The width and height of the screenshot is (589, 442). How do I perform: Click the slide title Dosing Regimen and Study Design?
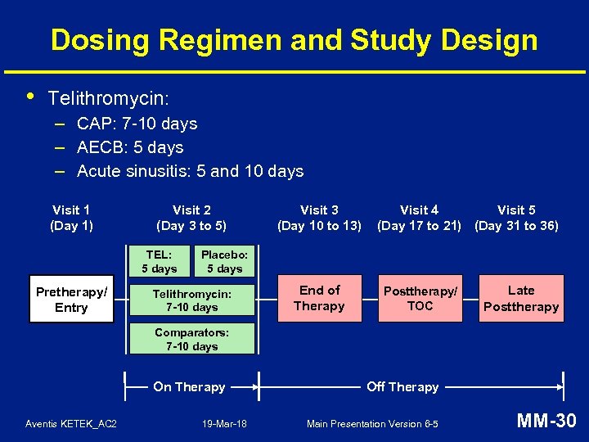coord(294,40)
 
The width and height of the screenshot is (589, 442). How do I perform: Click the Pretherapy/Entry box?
coord(71,300)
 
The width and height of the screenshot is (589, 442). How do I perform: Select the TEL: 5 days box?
coord(160,260)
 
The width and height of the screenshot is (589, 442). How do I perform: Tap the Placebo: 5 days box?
coord(224,260)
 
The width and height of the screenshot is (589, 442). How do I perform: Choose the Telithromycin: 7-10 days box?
coord(192,300)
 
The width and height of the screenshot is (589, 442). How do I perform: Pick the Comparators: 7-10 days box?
coord(192,339)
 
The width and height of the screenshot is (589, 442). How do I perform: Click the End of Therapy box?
coord(320,298)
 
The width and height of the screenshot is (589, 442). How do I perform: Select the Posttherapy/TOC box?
coord(420,299)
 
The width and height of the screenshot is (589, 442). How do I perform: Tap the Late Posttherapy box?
coord(521,299)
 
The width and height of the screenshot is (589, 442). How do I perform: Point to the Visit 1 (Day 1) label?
coord(71,218)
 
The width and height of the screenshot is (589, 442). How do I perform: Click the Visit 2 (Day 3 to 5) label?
coord(191,218)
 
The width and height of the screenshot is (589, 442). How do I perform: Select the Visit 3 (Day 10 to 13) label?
coord(319,218)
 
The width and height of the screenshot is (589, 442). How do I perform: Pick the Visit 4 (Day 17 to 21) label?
coord(419,218)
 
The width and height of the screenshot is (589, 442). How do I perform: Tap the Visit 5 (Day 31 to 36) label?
coord(517,218)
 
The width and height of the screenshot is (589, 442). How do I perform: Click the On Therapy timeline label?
coord(189,387)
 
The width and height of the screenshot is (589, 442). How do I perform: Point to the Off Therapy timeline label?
coord(402,387)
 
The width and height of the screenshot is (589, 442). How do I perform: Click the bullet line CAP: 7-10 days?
coord(137,124)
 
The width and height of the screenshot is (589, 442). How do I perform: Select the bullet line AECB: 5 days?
coord(130,148)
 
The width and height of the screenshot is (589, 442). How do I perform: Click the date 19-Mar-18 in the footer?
coord(224,424)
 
